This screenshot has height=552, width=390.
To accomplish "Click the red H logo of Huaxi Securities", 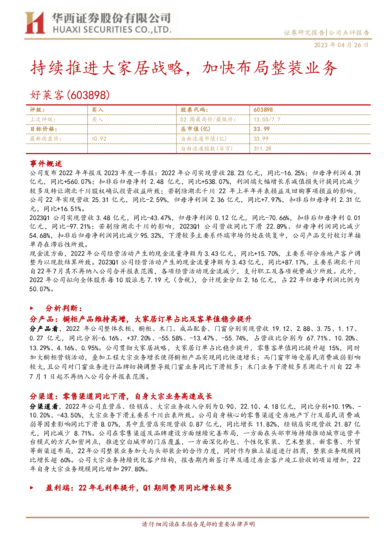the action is pos(35,22).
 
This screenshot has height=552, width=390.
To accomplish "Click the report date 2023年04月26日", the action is pos(341,45).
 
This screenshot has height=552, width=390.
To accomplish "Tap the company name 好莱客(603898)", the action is pos(70,95).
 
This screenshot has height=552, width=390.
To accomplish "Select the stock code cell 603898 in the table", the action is pos(263,110).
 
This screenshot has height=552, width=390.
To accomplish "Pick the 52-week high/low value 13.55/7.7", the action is pos(267,120).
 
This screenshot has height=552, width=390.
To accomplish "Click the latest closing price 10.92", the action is pos(99,139).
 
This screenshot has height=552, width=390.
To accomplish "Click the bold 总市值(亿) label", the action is pos(195,129).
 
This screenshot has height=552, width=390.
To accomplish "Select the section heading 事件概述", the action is pos(46,164).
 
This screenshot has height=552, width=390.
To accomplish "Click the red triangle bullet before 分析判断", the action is pos(31,308).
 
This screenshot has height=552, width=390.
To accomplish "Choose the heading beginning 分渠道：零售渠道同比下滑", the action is pos(121,396).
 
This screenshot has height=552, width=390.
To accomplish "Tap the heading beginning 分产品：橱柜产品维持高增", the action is pos(141,319).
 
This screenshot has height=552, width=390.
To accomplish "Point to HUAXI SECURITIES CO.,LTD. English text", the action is pos(112,30).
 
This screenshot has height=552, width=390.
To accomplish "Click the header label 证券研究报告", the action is pos(304,33).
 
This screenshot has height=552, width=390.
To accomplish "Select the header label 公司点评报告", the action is pos(349,33).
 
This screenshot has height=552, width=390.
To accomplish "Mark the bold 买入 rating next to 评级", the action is pos(97,110).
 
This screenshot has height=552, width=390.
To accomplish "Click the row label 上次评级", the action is pos(43,120).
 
